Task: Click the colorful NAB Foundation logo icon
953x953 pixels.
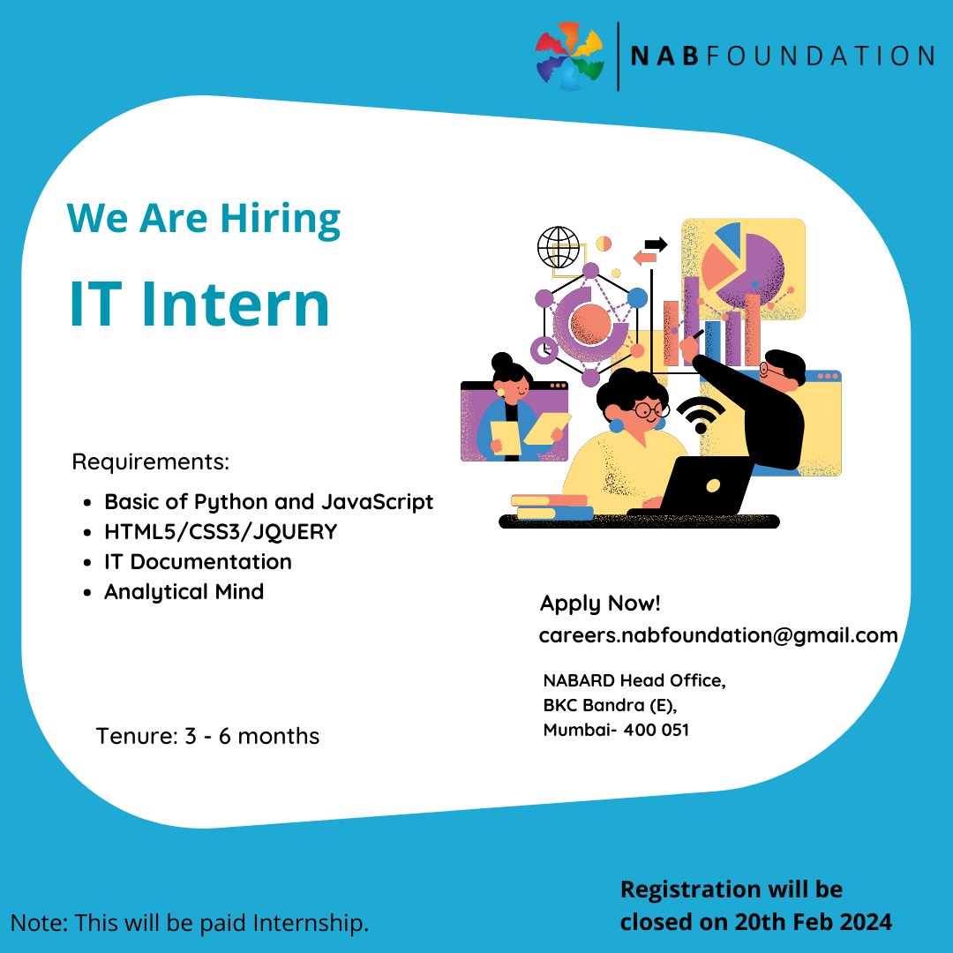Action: click(x=570, y=56)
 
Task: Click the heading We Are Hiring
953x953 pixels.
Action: click(x=204, y=218)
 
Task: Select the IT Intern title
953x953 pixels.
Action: click(x=199, y=304)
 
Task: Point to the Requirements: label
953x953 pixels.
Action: click(x=150, y=461)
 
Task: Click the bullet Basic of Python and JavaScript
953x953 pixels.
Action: click(x=268, y=502)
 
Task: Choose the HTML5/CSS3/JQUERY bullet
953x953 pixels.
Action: click(x=221, y=532)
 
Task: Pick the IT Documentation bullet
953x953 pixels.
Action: click(x=198, y=561)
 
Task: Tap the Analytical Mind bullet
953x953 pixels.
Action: click(x=184, y=591)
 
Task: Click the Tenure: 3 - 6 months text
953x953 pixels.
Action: click(x=207, y=735)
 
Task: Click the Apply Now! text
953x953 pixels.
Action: click(x=600, y=604)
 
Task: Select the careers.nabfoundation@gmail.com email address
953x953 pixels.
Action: click(x=717, y=634)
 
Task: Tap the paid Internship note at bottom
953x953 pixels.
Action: click(x=190, y=923)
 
